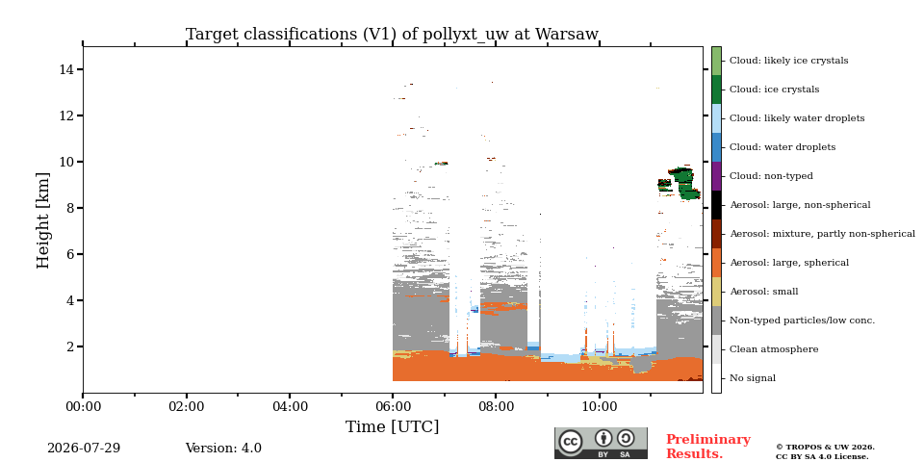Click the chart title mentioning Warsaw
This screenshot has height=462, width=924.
pos(392,35)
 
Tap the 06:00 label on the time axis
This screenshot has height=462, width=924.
pos(393,406)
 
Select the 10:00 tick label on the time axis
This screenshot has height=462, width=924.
pos(600,406)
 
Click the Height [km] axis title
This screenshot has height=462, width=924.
pos(43,220)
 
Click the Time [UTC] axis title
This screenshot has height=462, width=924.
pos(393,426)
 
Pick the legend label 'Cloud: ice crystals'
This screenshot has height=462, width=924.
pos(774,90)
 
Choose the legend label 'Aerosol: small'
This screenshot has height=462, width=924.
pos(764,292)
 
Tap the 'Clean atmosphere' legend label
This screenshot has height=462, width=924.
pos(774,349)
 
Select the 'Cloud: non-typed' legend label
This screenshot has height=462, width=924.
pos(771,176)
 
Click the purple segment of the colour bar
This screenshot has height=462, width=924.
pos(716,176)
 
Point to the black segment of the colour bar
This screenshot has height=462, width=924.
pos(716,205)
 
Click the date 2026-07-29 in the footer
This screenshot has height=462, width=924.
pos(84,448)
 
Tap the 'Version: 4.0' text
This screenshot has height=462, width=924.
pos(223,448)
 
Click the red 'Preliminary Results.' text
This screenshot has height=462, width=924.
pos(708,447)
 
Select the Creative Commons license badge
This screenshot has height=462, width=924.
pos(601,443)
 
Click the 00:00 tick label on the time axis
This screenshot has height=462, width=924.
pos(83,406)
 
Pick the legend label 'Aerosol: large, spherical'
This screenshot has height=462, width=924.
pos(789,263)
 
